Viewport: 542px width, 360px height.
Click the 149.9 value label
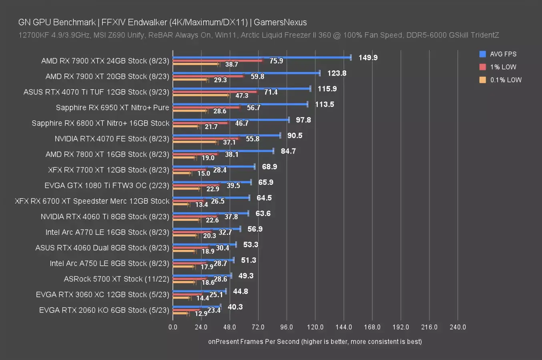click(x=368, y=58)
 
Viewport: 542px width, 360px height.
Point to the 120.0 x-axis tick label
click(x=315, y=327)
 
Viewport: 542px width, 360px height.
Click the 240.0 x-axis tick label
click(x=458, y=327)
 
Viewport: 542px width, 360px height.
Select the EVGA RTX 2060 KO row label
click(x=104, y=310)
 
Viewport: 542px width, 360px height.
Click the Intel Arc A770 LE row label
click(x=107, y=232)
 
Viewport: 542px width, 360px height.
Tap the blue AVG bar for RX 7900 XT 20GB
click(x=246, y=73)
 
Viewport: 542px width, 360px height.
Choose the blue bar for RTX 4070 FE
click(x=227, y=135)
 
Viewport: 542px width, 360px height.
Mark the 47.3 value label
click(x=242, y=96)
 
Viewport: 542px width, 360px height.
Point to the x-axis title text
click(x=315, y=342)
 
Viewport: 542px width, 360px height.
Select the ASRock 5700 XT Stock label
click(x=116, y=279)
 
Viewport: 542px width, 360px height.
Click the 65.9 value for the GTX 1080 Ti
click(x=266, y=182)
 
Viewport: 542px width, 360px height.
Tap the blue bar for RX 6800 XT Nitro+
click(x=231, y=120)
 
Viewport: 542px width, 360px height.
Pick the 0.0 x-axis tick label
click(x=173, y=327)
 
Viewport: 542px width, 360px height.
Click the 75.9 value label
click(x=276, y=61)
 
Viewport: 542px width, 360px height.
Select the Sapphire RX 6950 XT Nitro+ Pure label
click(x=112, y=107)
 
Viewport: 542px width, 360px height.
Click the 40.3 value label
click(x=235, y=307)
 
